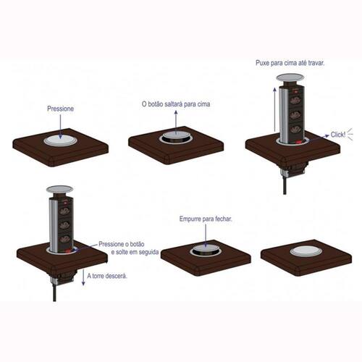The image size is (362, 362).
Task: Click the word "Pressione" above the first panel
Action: coord(60,109)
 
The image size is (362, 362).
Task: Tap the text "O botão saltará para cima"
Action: coord(176,104)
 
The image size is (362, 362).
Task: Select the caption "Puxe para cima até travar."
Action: coord(290,63)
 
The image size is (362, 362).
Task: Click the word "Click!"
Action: coord(338,135)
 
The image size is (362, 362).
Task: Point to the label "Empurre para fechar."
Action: coord(206,219)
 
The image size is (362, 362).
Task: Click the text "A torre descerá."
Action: coord(107,276)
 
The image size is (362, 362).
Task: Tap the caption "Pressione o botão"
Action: coord(122,244)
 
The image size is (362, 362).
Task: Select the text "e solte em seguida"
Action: coord(135,252)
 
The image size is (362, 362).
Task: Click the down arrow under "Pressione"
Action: coord(60,127)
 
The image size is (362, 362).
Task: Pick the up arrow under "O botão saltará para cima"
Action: coord(176,122)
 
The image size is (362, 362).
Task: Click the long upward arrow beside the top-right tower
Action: coord(274,109)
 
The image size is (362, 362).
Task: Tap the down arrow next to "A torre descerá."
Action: coord(83,277)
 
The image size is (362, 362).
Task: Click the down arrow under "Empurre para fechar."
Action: coord(206,235)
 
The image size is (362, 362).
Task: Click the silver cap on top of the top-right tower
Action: coord(290,77)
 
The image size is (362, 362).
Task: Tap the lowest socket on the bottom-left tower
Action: coord(64,240)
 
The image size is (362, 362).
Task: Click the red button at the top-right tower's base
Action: coord(299,143)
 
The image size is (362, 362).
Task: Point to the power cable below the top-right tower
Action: coord(285,184)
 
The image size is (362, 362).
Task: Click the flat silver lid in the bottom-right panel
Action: coord(306,251)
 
